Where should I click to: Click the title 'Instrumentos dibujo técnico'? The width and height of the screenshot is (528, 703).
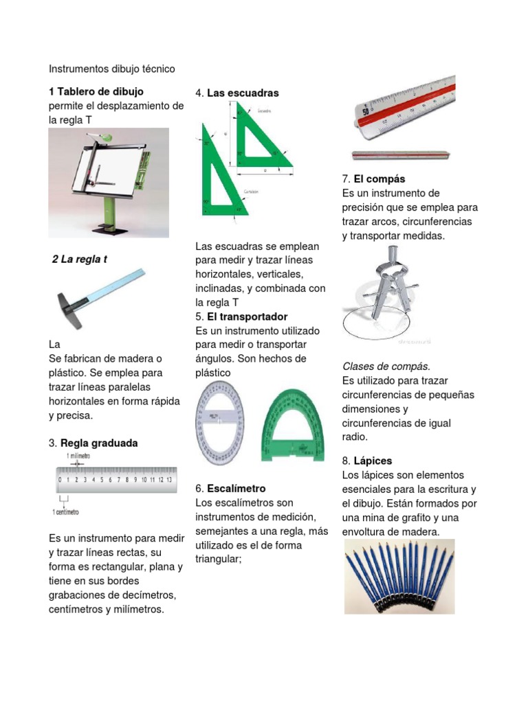[x=112, y=69]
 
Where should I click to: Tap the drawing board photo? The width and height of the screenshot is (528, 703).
[x=110, y=182]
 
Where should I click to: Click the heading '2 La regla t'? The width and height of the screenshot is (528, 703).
[x=80, y=260]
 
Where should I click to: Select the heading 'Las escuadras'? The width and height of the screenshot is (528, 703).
[x=243, y=93]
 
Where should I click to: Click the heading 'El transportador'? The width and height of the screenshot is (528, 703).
[x=247, y=316]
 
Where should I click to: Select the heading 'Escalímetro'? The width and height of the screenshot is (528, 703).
[x=236, y=489]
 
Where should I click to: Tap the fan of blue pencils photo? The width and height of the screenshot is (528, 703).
[x=399, y=576]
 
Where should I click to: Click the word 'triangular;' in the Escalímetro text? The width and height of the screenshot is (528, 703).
[x=220, y=560]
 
